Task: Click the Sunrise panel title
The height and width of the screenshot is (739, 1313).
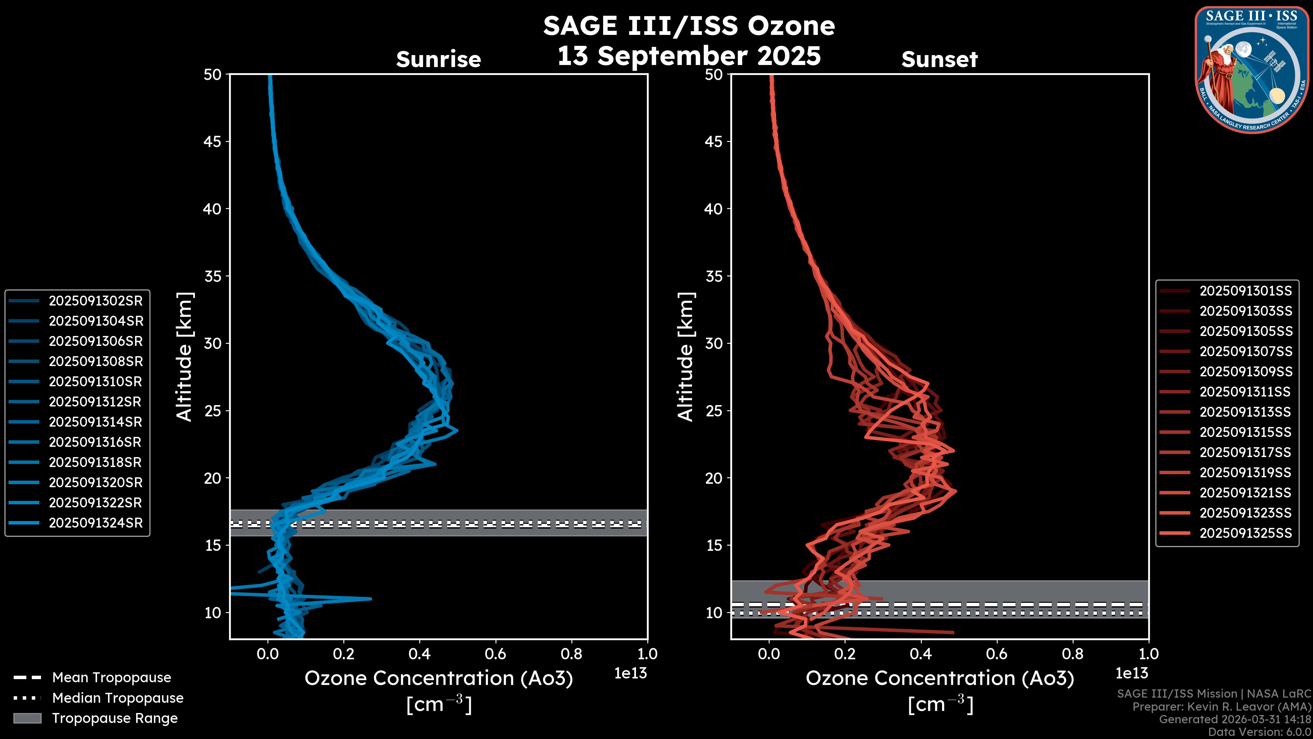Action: [438, 60]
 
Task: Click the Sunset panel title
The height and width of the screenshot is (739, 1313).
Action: [939, 60]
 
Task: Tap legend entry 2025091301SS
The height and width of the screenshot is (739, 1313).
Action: [1245, 291]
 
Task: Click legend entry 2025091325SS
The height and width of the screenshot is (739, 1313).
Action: [1245, 533]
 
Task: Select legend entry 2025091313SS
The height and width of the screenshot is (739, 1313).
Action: [1245, 412]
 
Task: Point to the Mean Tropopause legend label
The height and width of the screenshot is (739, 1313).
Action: [111, 677]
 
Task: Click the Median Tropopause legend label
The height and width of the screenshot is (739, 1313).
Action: [117, 698]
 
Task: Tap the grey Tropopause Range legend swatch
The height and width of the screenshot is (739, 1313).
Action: [27, 718]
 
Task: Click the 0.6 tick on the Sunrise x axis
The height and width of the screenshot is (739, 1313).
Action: [495, 654]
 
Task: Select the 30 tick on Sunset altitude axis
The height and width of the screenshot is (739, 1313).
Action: [714, 343]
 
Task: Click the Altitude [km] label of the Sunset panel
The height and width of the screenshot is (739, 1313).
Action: [686, 356]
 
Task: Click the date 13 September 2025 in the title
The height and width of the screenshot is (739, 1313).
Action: [689, 55]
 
